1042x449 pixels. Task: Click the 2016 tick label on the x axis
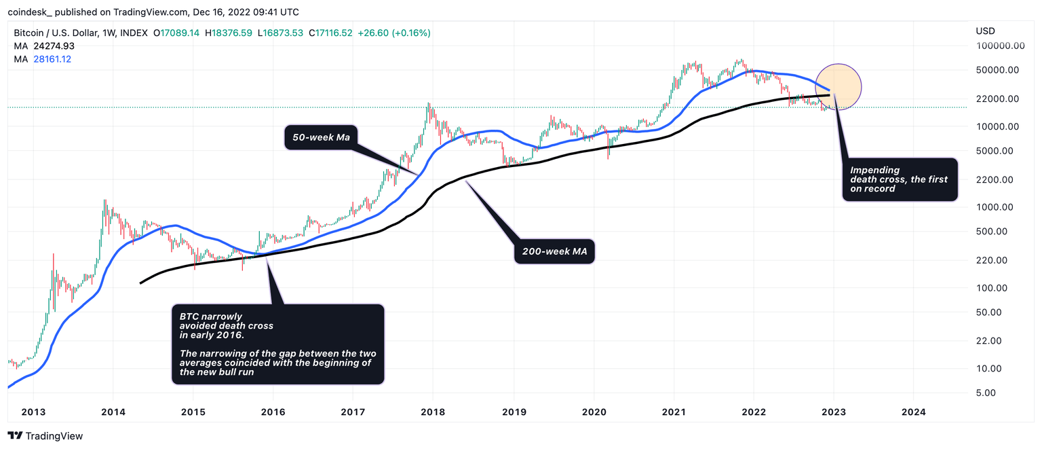click(x=273, y=411)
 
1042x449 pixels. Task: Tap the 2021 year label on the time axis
click(x=674, y=411)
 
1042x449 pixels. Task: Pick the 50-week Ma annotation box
click(x=320, y=138)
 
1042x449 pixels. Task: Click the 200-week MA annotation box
click(x=554, y=251)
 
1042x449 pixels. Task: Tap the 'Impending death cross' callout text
click(x=899, y=179)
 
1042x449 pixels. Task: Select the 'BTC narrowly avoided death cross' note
click(x=277, y=344)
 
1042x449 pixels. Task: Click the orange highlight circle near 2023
click(x=838, y=87)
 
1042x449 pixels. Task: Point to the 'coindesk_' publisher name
click(x=30, y=12)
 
